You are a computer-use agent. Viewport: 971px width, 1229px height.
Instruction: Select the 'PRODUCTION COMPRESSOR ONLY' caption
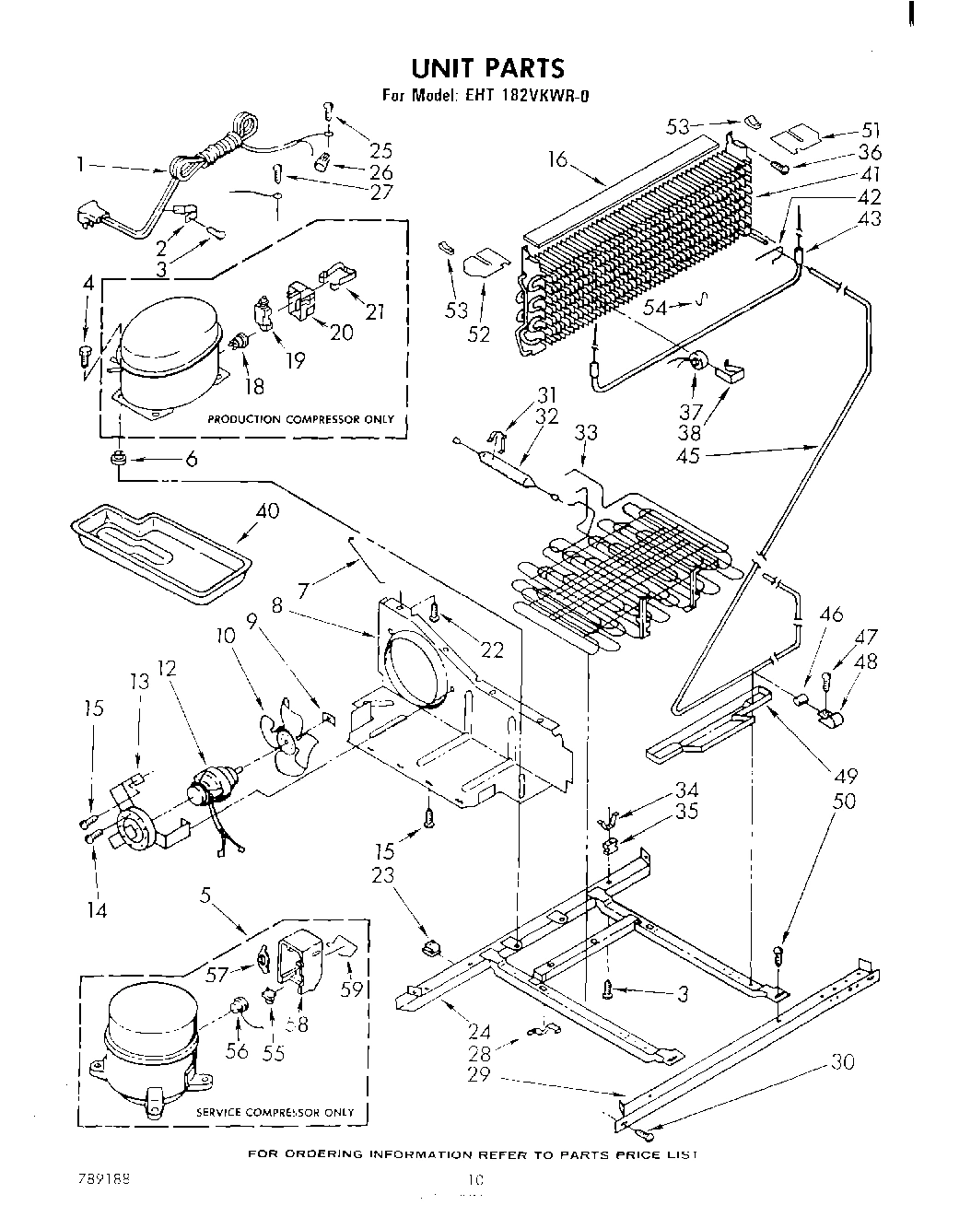(300, 419)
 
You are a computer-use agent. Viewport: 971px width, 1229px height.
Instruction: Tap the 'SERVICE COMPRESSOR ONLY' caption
(275, 1112)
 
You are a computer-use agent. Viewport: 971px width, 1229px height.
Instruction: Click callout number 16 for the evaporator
(556, 159)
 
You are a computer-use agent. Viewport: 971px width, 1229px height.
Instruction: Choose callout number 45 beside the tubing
(688, 455)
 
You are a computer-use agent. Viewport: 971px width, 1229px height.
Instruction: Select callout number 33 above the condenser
(585, 432)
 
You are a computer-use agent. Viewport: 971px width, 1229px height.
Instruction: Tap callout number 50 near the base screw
(843, 801)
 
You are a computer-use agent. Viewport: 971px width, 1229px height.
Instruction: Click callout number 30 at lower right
(842, 1062)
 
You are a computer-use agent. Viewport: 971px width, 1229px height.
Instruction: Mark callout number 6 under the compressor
(191, 458)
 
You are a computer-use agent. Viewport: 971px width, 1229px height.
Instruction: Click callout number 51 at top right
(871, 130)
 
